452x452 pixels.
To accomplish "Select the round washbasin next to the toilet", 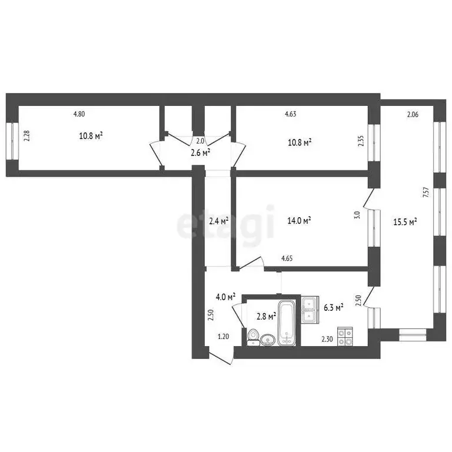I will pyautogui.click(x=268, y=340).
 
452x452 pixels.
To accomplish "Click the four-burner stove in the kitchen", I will pyautogui.click(x=345, y=336).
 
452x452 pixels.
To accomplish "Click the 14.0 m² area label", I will pyautogui.click(x=300, y=221).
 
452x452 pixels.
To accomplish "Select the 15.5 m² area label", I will pyautogui.click(x=405, y=222).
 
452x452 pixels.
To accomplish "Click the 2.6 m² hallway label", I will pyautogui.click(x=200, y=152).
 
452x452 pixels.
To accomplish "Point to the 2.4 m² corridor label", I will pyautogui.click(x=218, y=221).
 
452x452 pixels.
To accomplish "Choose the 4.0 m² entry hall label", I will pyautogui.click(x=225, y=297).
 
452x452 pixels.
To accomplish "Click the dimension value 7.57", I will pyautogui.click(x=425, y=195).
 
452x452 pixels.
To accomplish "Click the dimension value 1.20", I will pyautogui.click(x=223, y=337).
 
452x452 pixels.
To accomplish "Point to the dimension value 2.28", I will pyautogui.click(x=26, y=136).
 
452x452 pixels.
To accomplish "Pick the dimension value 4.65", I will pyautogui.click(x=287, y=258).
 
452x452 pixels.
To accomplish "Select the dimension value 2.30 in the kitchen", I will pyautogui.click(x=327, y=338).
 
